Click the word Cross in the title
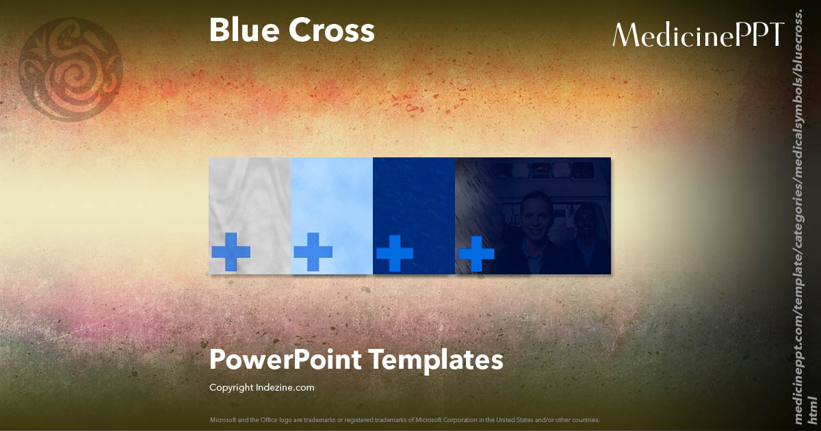click(x=335, y=31)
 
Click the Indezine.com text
click(x=285, y=388)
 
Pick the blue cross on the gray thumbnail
click(x=231, y=251)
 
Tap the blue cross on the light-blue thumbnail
click(x=313, y=251)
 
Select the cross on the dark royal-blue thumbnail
click(x=394, y=252)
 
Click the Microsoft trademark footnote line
click(x=404, y=419)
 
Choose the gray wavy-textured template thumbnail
click(x=250, y=198)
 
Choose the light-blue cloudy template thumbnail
click(x=332, y=198)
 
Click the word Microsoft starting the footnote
click(x=222, y=419)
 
